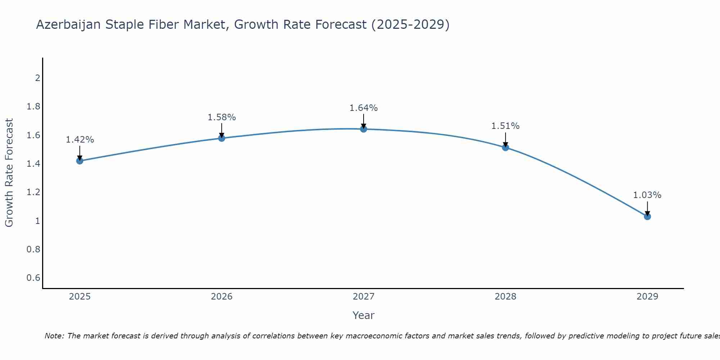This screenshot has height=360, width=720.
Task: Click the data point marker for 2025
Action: [x=80, y=161]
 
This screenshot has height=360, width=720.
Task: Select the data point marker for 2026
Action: [x=222, y=138]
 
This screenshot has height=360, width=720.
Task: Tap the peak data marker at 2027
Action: [x=364, y=129]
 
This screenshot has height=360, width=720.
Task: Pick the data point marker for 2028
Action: [x=505, y=148]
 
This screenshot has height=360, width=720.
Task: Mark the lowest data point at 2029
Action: [x=647, y=217]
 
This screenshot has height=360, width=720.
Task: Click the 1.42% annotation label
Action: [x=80, y=140]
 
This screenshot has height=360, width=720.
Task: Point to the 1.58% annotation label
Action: [x=222, y=117]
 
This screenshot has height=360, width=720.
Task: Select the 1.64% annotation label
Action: [x=364, y=108]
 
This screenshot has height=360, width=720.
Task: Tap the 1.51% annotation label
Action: [x=505, y=126]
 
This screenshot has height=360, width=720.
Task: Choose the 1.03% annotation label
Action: [x=647, y=195]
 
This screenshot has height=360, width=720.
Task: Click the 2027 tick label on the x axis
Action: [x=364, y=297]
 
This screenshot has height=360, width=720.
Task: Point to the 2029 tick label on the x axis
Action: [x=647, y=297]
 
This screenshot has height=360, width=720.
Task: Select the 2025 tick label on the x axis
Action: [x=80, y=297]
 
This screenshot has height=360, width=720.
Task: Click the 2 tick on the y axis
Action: [x=37, y=78]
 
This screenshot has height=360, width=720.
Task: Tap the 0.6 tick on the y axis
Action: [x=33, y=278]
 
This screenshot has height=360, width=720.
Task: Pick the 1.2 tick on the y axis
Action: [x=33, y=192]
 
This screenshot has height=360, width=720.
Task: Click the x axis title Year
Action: [x=364, y=315]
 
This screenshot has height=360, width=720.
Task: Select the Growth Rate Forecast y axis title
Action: [x=9, y=173]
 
